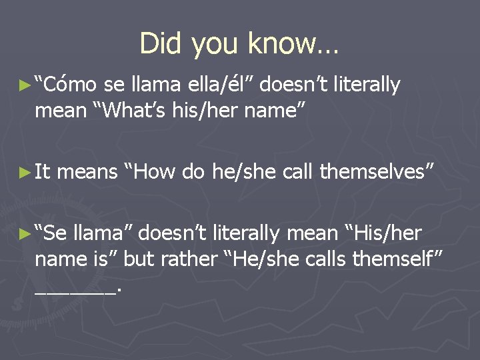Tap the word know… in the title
click(293, 44)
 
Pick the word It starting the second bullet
click(43, 172)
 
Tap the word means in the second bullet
click(87, 172)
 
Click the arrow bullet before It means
click(25, 173)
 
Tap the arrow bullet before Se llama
click(25, 234)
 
